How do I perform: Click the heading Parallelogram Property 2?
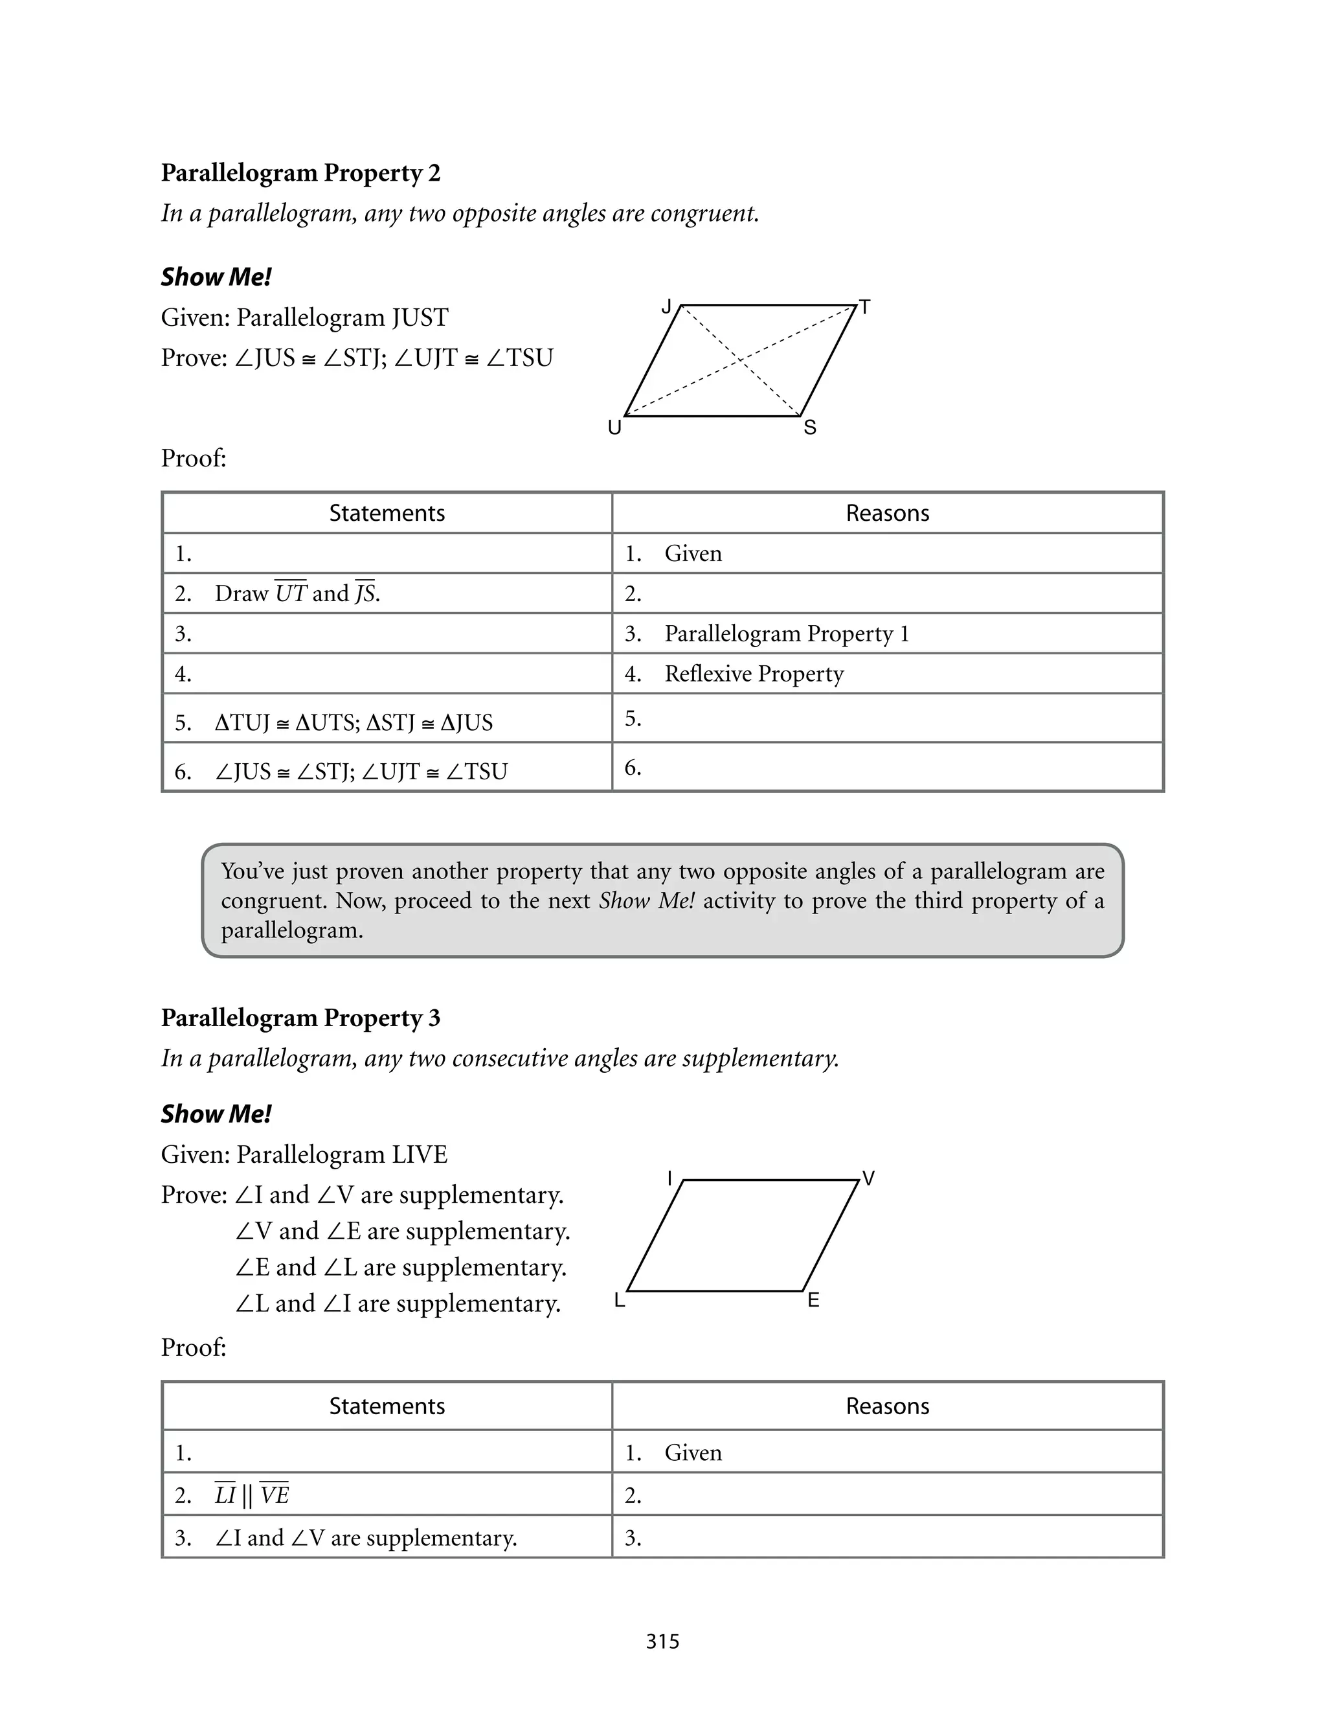click(300, 173)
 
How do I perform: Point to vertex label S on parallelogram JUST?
click(810, 428)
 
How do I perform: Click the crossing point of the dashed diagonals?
click(740, 360)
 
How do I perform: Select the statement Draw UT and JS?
click(297, 593)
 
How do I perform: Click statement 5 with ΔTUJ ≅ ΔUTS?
click(354, 722)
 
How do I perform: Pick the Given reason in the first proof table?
click(693, 553)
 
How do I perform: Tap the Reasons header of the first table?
click(887, 513)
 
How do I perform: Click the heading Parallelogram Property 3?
click(300, 1018)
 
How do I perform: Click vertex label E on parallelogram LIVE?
click(813, 1300)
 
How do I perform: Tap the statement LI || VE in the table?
click(252, 1495)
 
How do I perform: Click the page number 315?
click(662, 1642)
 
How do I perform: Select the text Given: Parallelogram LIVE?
click(304, 1154)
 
